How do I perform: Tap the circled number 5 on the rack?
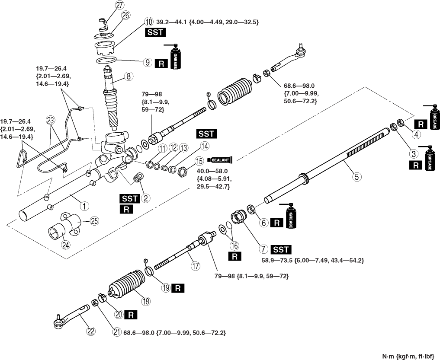tap(357, 176)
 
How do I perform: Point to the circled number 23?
tap(51, 121)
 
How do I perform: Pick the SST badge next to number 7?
tap(281, 249)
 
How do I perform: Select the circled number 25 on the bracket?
tap(94, 221)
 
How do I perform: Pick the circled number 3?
tap(414, 153)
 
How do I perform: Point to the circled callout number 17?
tap(196, 266)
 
